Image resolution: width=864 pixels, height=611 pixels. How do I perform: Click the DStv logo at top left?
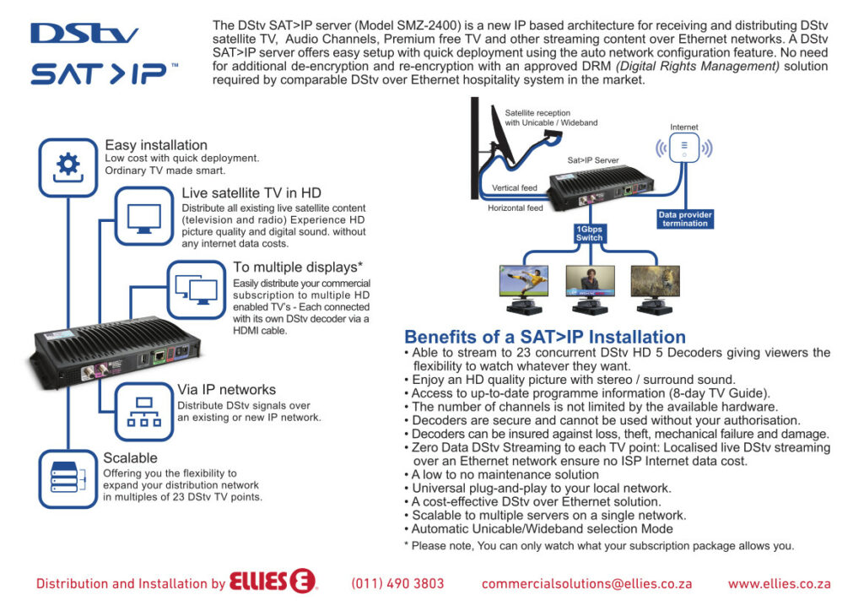84,34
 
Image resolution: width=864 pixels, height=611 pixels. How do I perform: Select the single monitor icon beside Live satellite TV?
144,217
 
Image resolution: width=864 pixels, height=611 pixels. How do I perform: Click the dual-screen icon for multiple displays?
197,289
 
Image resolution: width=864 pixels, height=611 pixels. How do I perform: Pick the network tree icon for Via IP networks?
144,412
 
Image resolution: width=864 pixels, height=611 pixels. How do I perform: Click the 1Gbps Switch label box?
589,234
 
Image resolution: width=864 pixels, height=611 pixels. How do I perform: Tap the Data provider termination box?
685,219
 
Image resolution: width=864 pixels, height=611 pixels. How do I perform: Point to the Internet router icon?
683,148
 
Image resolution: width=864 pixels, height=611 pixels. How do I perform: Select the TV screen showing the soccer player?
523,281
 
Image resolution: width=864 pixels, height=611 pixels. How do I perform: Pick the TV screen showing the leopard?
655,281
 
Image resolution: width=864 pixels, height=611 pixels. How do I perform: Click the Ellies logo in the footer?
273,581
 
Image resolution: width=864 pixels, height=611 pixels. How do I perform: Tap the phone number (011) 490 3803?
397,583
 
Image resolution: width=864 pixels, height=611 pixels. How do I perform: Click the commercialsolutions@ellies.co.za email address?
587,583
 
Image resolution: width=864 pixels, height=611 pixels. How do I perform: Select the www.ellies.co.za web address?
779,583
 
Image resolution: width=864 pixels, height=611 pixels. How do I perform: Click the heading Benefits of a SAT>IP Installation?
545,337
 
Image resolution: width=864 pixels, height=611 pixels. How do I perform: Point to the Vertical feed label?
514,188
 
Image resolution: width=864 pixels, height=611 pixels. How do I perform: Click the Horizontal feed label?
516,208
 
